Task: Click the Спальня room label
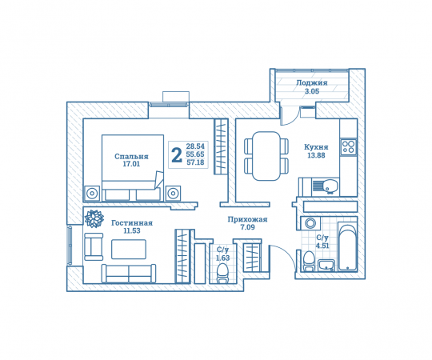click(131, 157)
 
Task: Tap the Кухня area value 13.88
click(316, 155)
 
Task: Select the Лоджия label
click(312, 82)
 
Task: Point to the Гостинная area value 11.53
click(132, 231)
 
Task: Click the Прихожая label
click(247, 219)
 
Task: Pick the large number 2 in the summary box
click(177, 155)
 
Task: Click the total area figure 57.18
click(196, 162)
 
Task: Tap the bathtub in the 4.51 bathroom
click(348, 247)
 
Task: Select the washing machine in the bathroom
click(310, 223)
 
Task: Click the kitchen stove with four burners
click(349, 146)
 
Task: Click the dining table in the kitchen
click(266, 156)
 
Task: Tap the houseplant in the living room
click(94, 218)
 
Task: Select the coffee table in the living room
click(129, 250)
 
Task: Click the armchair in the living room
click(94, 246)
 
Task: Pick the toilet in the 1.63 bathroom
click(222, 273)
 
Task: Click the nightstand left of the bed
click(92, 193)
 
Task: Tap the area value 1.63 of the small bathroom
click(223, 258)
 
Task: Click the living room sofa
click(129, 274)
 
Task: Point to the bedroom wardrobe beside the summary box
click(222, 147)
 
